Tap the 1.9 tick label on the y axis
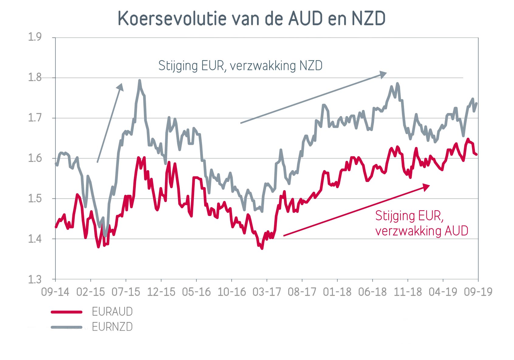(x=35, y=37)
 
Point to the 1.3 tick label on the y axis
(x=35, y=279)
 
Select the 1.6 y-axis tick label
(x=35, y=158)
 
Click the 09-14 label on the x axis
(x=55, y=292)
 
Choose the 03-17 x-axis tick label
(x=267, y=292)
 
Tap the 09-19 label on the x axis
(x=478, y=292)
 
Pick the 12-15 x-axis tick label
(x=161, y=292)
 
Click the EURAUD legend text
(x=112, y=312)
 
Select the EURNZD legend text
(x=112, y=327)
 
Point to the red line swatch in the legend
(x=67, y=312)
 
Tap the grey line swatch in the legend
(x=67, y=327)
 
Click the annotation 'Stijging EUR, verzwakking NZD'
(x=240, y=66)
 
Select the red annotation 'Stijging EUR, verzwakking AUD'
(x=421, y=223)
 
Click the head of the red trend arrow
(x=427, y=187)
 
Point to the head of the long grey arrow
(x=384, y=74)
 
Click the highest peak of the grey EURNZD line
(x=139, y=81)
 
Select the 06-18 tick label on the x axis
(x=372, y=292)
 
